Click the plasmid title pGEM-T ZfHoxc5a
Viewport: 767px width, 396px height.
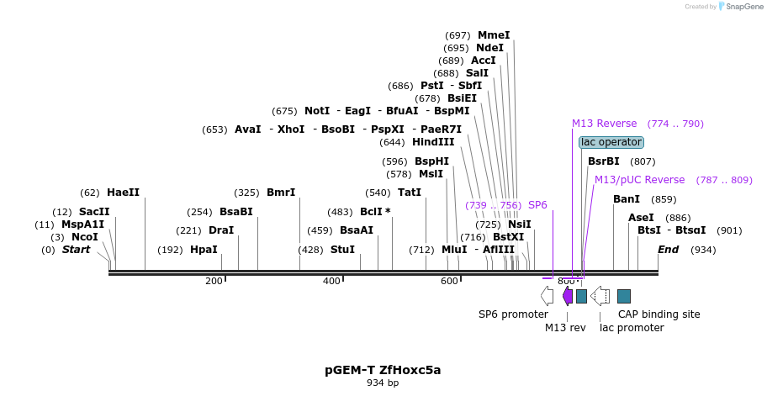(383, 369)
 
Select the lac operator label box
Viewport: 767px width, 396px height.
(611, 142)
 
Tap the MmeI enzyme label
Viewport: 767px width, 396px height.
(494, 35)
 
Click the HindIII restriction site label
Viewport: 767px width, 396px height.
(433, 142)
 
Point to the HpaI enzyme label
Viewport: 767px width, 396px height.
(204, 250)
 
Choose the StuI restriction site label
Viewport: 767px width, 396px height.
(342, 250)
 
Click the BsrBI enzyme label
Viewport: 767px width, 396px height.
(603, 161)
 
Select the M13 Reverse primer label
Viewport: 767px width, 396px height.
(605, 124)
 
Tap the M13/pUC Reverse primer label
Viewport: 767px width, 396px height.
(639, 180)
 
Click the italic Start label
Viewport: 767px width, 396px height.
(76, 250)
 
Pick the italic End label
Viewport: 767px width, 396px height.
(668, 250)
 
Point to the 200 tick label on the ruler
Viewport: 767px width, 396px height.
(214, 281)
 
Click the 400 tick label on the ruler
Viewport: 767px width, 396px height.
(331, 281)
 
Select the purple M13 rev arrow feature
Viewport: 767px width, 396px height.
(568, 296)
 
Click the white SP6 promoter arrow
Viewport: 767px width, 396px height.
(547, 296)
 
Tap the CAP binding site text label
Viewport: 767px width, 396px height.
(659, 314)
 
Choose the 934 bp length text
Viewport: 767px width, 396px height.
(383, 383)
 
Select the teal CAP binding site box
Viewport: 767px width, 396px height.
(624, 296)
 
